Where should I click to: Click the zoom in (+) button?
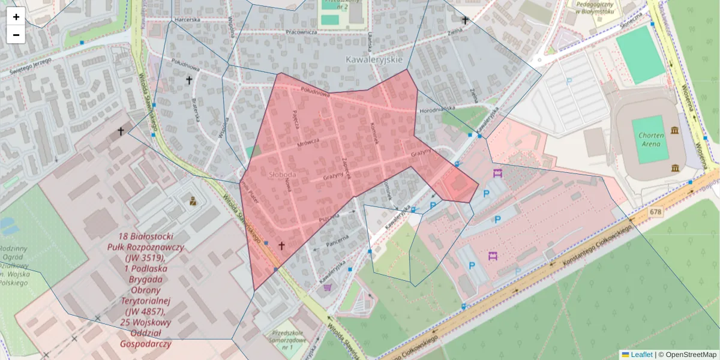pos(16,17)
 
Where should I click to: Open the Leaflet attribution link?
pos(641,355)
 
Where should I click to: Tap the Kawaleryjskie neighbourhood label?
pos(374,60)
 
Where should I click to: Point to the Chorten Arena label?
pos(651,139)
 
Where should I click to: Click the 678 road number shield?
pos(655,212)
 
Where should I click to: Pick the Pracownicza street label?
pos(301,32)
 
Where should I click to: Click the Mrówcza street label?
pos(308,143)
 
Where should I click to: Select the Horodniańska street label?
pos(438,109)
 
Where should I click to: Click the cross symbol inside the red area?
pos(281,246)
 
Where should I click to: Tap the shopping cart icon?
pos(327,287)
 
